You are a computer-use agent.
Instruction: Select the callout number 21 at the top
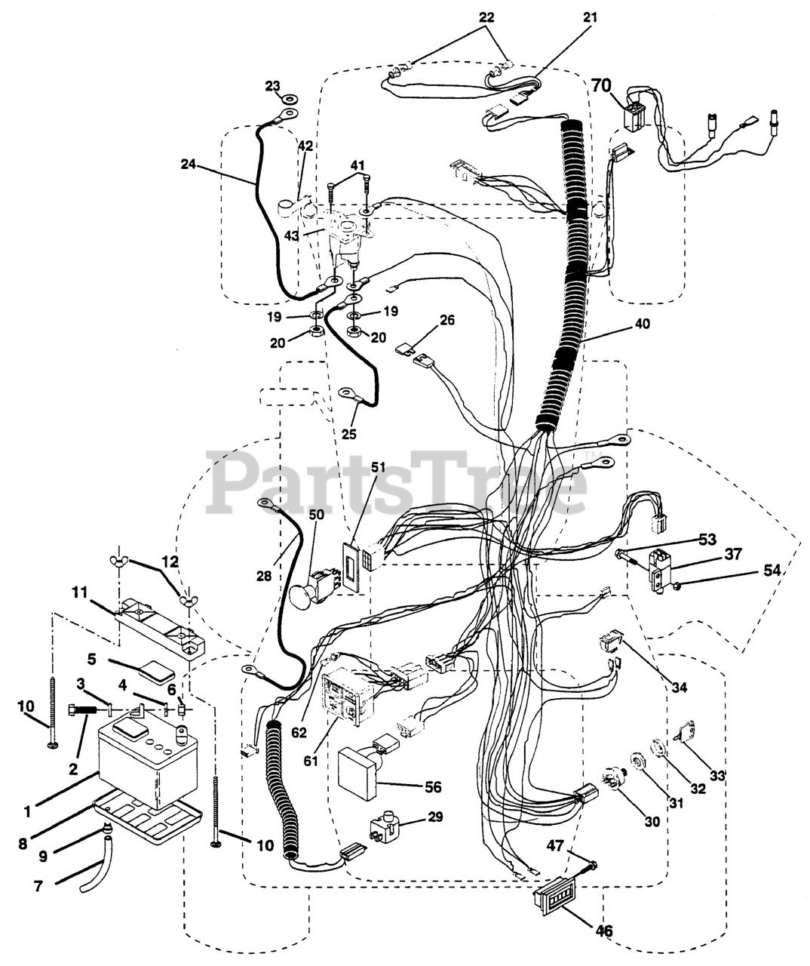[x=589, y=17]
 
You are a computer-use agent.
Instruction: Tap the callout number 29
[x=434, y=817]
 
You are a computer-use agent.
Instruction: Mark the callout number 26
[x=447, y=320]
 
